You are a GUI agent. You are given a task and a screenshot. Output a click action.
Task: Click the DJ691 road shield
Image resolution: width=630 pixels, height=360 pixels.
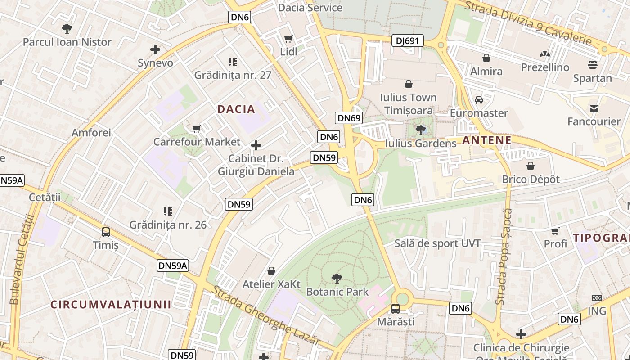click(407, 41)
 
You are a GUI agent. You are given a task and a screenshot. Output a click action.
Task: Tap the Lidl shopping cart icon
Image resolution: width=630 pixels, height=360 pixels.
click(288, 39)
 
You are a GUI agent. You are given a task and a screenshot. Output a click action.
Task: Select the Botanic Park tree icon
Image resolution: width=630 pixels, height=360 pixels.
click(337, 279)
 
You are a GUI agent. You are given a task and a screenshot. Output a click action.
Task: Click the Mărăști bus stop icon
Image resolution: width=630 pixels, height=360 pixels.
click(395, 309)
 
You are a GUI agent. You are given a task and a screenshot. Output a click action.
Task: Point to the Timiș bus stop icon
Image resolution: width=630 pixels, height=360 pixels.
click(106, 232)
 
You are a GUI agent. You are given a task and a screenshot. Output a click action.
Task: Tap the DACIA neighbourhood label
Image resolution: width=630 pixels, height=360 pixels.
click(236, 109)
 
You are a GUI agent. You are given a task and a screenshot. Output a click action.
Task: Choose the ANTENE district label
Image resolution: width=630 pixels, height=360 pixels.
click(487, 140)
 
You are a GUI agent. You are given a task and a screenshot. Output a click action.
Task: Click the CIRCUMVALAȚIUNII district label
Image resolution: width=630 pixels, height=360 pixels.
click(111, 304)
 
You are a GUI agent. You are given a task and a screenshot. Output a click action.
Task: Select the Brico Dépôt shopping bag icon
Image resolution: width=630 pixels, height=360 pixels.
click(531, 166)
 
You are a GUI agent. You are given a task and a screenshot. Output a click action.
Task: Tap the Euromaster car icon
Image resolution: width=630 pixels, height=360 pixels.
click(479, 99)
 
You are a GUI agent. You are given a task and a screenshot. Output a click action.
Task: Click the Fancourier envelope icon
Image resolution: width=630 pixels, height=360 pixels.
click(594, 108)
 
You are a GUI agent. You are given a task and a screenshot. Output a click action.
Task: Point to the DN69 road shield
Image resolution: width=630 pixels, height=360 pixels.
click(349, 118)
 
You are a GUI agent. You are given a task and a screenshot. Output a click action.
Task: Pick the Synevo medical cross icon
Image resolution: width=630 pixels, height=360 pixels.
click(155, 49)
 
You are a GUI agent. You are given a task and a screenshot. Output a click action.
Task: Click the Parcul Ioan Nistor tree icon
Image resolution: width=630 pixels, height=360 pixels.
click(67, 29)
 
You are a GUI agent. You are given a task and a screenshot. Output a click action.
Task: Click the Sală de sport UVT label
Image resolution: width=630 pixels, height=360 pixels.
click(437, 243)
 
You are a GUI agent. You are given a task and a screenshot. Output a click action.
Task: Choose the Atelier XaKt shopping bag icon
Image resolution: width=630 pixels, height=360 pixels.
click(271, 271)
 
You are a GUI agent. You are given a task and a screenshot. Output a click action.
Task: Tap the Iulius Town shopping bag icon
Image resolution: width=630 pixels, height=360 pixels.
click(409, 84)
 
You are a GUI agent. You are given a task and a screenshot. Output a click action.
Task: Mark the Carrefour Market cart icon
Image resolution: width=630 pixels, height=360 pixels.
click(197, 129)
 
